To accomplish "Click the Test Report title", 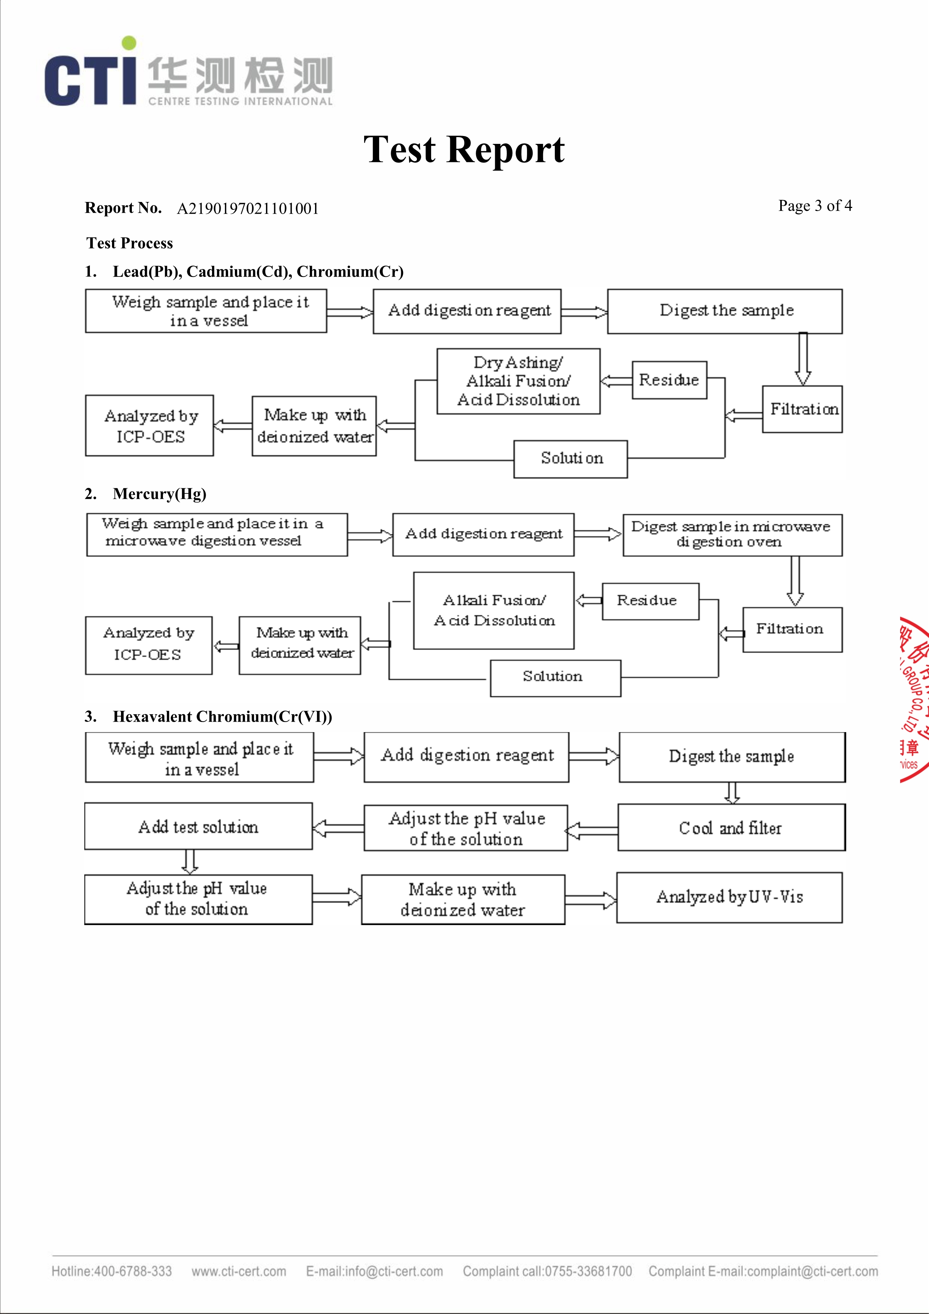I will [464, 150].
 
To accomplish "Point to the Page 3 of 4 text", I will [815, 206].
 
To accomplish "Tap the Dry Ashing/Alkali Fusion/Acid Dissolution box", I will [518, 381].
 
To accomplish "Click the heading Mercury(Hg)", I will [159, 494].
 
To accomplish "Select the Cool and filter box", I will [731, 828].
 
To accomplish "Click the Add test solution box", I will [199, 827].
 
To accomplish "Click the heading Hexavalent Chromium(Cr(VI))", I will [222, 716].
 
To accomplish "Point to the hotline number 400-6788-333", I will [112, 1271].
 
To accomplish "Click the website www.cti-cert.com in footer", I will [239, 1271].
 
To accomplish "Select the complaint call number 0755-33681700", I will [547, 1271].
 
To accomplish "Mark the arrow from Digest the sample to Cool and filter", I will [732, 793].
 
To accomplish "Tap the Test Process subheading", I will [130, 243].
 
